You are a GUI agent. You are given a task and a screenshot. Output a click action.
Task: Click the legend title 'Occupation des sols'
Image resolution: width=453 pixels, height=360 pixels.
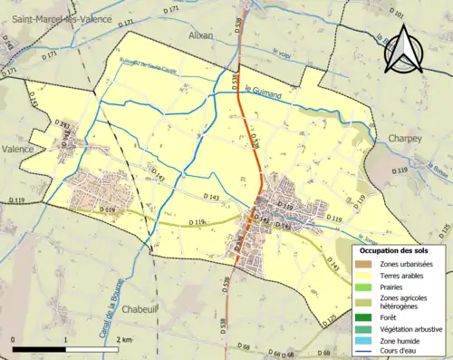pyautogui.click(x=393, y=249)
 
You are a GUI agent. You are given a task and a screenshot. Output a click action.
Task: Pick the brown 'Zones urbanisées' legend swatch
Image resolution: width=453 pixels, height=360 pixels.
pyautogui.click(x=362, y=264)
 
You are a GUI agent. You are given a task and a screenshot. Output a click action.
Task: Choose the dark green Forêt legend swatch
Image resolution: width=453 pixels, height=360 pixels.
pyautogui.click(x=362, y=318)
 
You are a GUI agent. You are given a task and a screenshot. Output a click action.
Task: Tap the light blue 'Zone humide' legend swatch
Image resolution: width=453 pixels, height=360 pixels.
pyautogui.click(x=362, y=340)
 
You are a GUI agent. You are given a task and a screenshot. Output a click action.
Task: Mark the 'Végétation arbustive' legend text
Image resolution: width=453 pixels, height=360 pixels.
pyautogui.click(x=413, y=329)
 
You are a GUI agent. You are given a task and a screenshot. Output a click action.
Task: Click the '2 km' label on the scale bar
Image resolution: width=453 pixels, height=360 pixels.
pyautogui.click(x=125, y=339)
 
